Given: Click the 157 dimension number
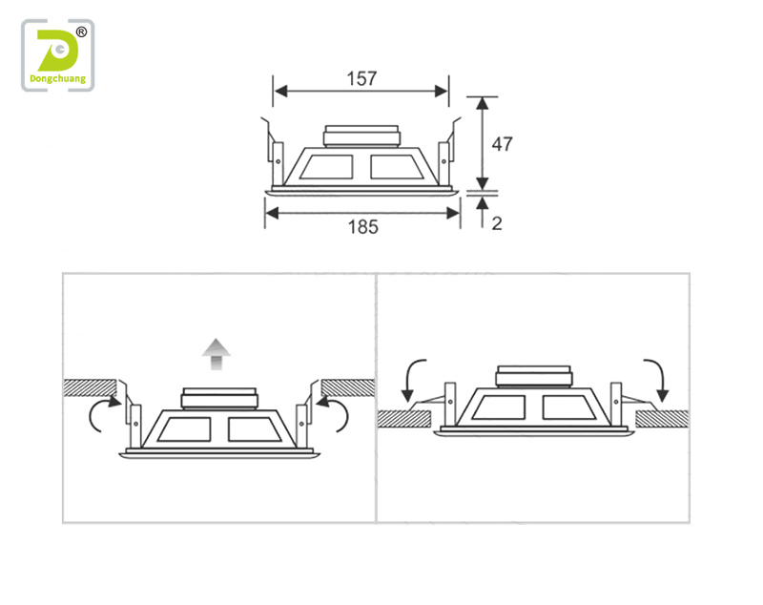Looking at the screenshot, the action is coord(361,78).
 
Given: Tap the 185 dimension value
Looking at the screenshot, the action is coord(362,227).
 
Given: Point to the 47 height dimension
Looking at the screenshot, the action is coord(502,144).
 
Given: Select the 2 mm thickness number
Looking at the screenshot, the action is coord(496,223).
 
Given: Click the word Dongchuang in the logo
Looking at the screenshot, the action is coord(58,79).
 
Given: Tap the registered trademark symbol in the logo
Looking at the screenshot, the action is coord(81,32).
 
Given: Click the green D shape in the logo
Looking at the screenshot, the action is coord(57,51).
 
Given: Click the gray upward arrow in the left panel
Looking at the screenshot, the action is coord(217,354).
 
